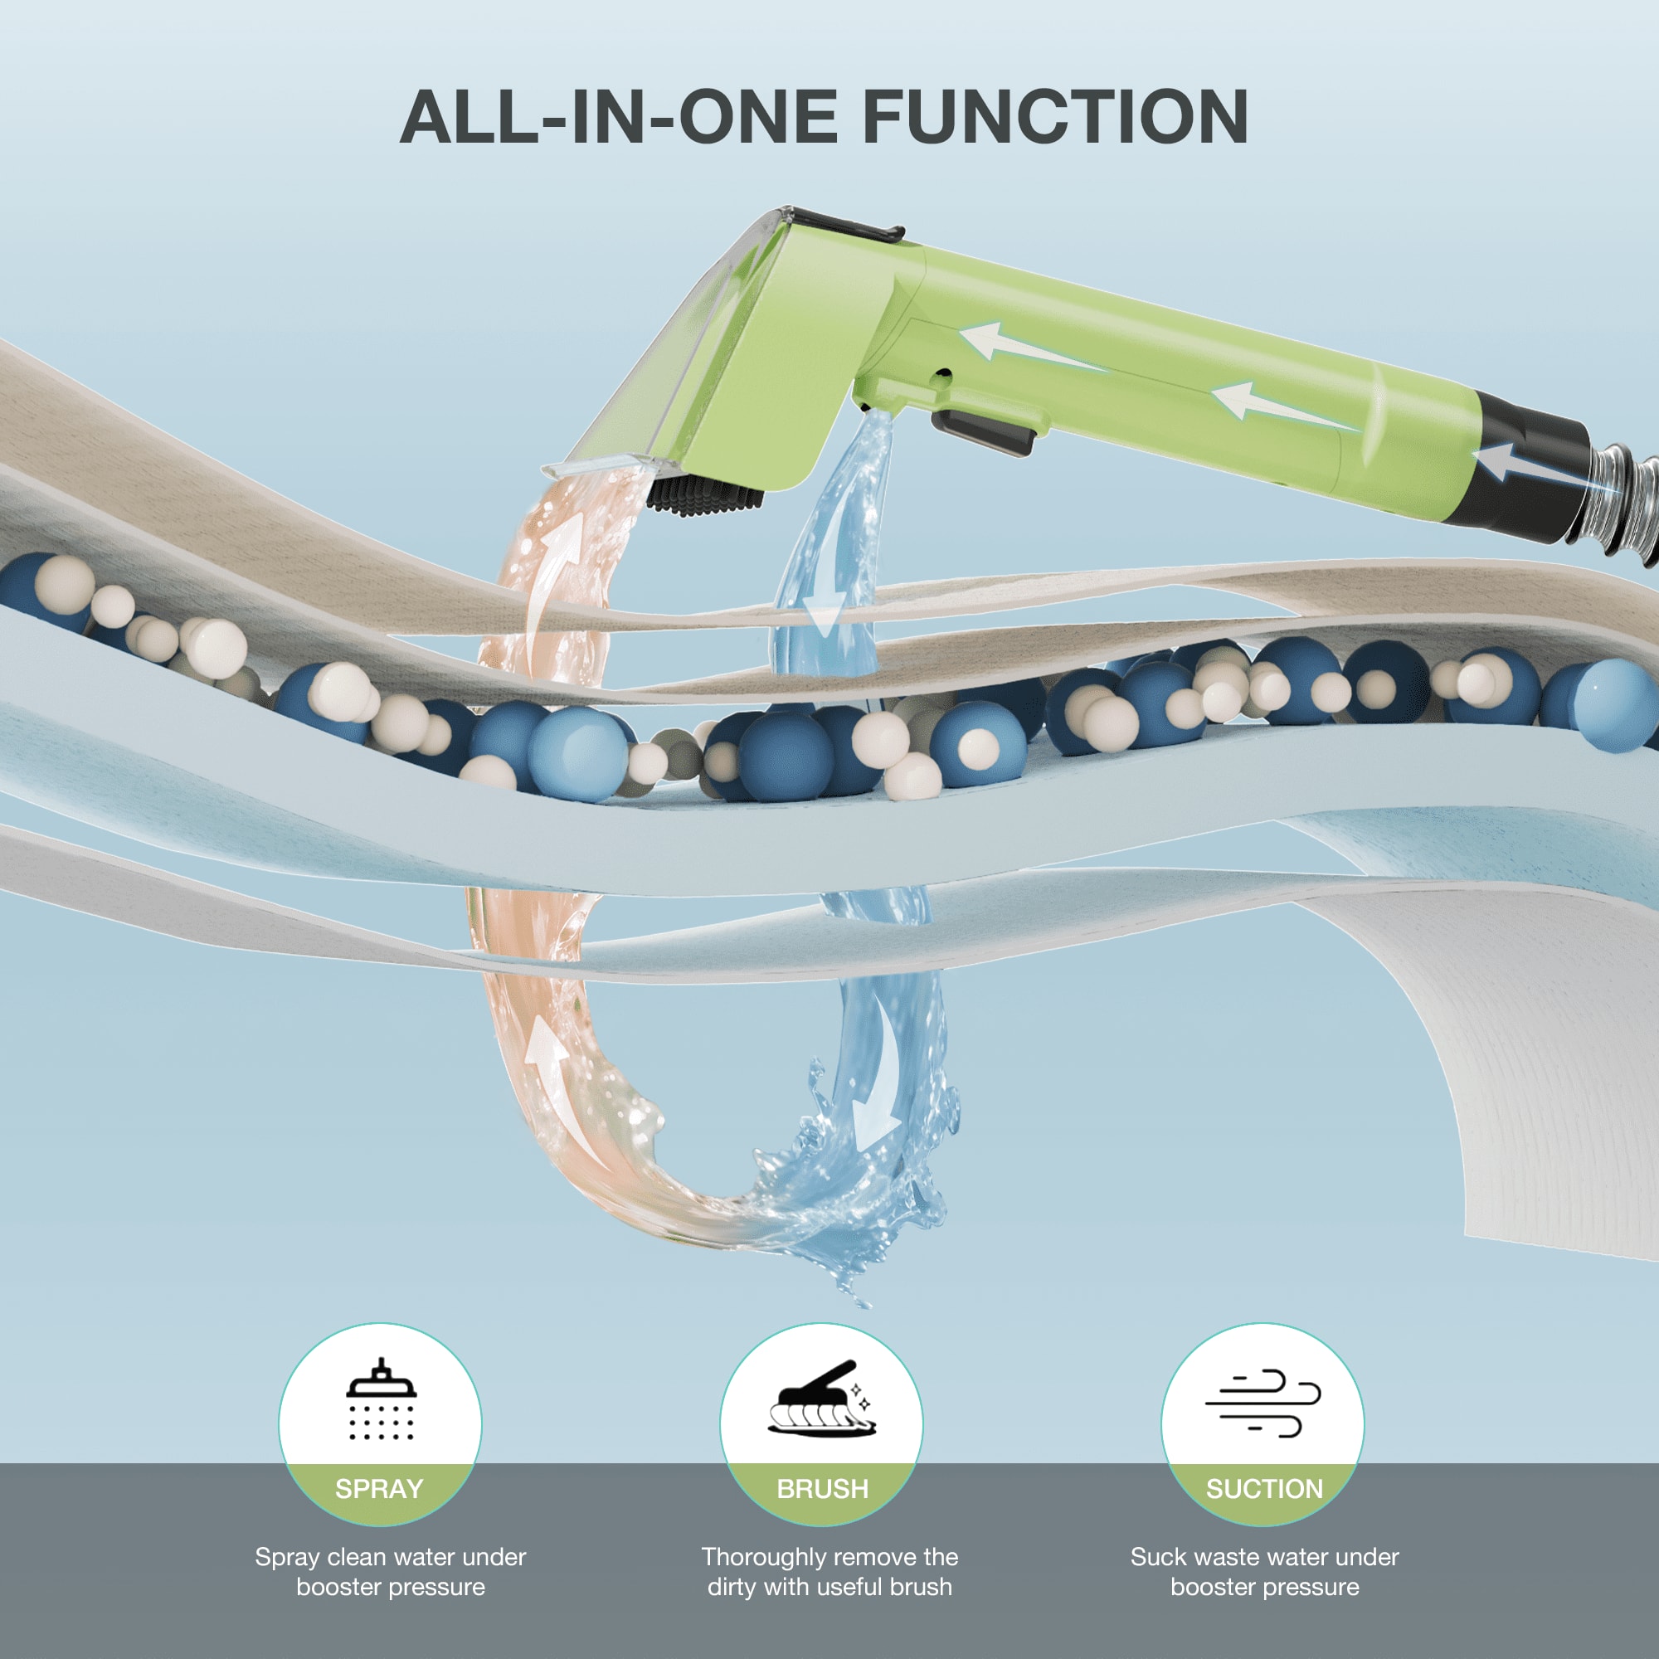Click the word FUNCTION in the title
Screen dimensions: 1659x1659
(x=1055, y=117)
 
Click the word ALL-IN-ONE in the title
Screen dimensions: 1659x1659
(x=619, y=117)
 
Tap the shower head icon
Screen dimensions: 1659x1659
(x=382, y=1399)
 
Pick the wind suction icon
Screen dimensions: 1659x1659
(x=1262, y=1404)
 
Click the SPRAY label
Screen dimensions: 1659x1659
(x=380, y=1489)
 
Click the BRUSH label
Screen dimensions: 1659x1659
(x=823, y=1489)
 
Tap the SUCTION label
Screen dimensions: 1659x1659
(x=1265, y=1489)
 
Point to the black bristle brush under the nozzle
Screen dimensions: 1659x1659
(x=704, y=496)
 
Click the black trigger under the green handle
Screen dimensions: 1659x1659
(x=983, y=432)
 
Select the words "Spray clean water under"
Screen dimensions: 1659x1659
(x=391, y=1557)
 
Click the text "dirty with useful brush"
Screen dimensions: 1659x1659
(x=829, y=1587)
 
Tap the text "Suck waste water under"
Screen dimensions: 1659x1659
(x=1265, y=1557)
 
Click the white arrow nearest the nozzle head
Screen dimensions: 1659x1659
(x=1030, y=346)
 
